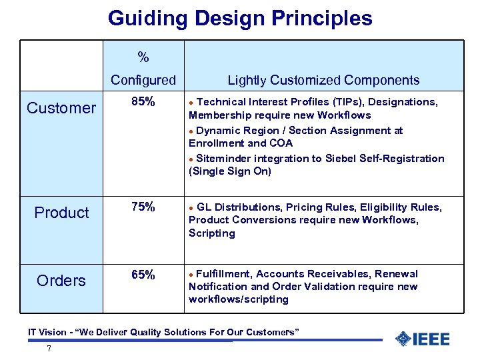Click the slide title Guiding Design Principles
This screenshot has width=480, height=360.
(x=240, y=18)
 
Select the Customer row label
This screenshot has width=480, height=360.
(x=61, y=108)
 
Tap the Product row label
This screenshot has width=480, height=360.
(x=61, y=213)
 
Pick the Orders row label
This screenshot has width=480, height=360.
(x=61, y=281)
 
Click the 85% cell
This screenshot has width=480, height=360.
(x=143, y=102)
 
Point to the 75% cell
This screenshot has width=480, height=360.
(x=143, y=207)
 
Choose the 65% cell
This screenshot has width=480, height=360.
(x=143, y=275)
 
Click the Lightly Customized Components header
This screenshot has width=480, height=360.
(x=323, y=81)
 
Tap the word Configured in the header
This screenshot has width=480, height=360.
(x=143, y=81)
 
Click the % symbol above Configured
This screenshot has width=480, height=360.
(x=143, y=57)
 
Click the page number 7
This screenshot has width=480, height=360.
(x=49, y=349)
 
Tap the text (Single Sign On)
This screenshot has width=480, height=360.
(x=230, y=171)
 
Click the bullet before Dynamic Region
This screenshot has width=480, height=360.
(x=192, y=131)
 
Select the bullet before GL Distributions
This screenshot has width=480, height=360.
(x=192, y=208)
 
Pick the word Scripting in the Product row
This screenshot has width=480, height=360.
(x=212, y=233)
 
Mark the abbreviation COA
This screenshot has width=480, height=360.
(x=279, y=143)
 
